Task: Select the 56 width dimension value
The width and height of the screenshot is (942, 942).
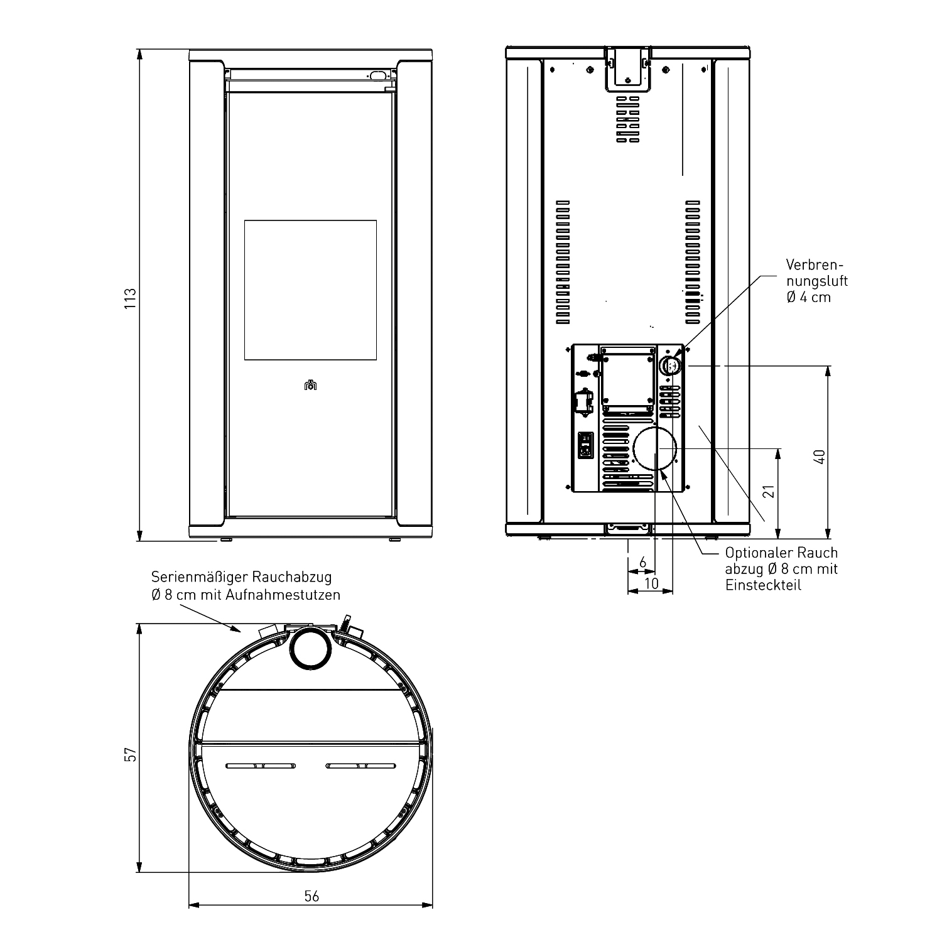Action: [311, 896]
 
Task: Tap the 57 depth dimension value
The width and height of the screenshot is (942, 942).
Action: [131, 754]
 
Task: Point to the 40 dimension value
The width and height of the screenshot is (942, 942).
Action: [819, 457]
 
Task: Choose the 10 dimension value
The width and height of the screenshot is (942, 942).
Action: [651, 583]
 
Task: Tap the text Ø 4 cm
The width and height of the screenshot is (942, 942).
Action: [808, 297]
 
